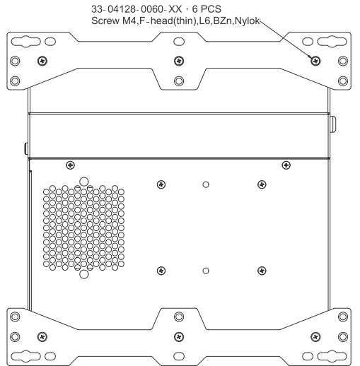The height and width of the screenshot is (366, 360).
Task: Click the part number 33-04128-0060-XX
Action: coord(137,9)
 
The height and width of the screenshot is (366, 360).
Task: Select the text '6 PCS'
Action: coord(207,9)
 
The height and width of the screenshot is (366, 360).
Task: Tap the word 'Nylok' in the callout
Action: coord(248,21)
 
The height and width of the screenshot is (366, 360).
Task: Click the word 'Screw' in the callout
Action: coord(105,20)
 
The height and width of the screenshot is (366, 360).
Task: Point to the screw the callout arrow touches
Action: coord(315,61)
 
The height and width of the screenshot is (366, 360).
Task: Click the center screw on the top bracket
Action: coord(179,61)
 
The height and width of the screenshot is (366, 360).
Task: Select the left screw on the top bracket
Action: coord(42,61)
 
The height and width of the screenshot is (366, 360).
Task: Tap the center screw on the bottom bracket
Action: coord(179,337)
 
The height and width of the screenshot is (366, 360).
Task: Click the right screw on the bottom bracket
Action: coord(315,337)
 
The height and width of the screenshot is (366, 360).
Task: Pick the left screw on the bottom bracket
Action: coord(42,337)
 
